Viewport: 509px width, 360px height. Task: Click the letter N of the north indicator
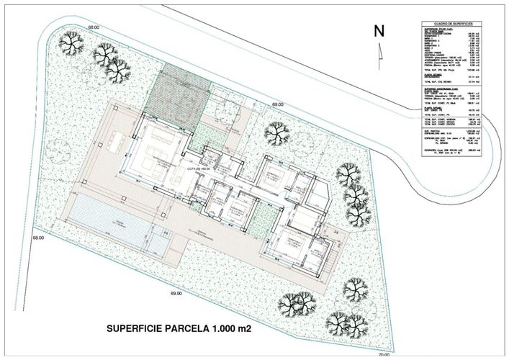(379, 30)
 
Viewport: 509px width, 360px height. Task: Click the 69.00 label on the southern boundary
(176, 293)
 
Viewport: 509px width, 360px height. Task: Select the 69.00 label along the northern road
(277, 105)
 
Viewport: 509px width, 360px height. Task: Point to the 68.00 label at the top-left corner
(93, 27)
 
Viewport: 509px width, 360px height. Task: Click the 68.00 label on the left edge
(37, 237)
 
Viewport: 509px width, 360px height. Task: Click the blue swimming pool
(112, 215)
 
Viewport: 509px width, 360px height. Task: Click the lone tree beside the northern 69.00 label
(277, 132)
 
